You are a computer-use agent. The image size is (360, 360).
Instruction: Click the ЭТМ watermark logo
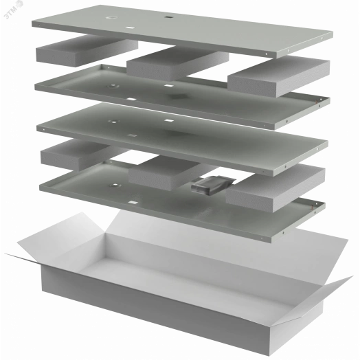(x=13, y=10)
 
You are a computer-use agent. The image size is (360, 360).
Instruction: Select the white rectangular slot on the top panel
(x=131, y=27)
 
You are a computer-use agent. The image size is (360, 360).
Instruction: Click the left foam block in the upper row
(x=87, y=51)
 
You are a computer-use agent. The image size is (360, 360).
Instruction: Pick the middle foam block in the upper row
(x=177, y=63)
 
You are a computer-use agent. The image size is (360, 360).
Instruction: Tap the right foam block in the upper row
(x=279, y=76)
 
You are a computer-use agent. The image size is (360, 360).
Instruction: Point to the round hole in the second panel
(x=113, y=87)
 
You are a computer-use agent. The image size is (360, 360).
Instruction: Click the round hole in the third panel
(x=113, y=121)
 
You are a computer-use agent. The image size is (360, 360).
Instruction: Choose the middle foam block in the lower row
(x=169, y=172)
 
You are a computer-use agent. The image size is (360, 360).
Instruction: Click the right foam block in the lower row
(x=275, y=188)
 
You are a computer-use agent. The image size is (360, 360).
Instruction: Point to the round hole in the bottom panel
(x=113, y=185)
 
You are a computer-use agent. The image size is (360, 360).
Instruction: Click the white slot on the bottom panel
(x=133, y=203)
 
